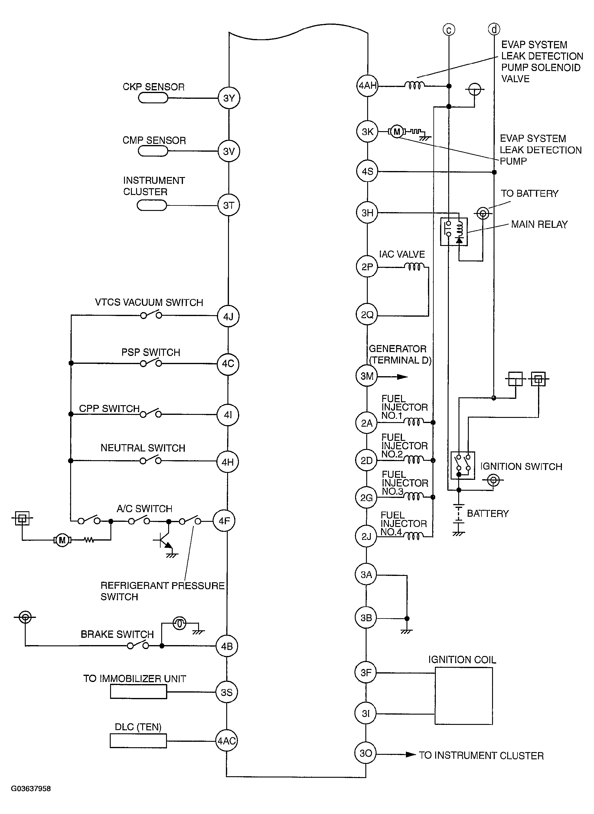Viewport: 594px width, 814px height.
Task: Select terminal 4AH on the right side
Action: (x=367, y=86)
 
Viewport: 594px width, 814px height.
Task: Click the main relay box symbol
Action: (x=454, y=232)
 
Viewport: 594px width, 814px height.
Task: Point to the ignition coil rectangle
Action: (x=463, y=696)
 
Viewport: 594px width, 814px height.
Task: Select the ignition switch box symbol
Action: (x=463, y=465)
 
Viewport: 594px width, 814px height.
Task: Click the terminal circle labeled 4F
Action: (x=224, y=521)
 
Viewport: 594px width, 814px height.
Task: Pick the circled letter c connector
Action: (x=449, y=29)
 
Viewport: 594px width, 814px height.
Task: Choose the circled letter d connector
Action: (x=494, y=29)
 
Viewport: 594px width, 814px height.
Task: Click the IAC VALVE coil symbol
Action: (x=414, y=266)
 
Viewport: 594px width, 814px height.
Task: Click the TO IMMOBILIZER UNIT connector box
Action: (x=139, y=692)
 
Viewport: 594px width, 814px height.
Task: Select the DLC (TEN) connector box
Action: (x=139, y=741)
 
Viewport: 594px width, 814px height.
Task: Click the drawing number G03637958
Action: (x=31, y=789)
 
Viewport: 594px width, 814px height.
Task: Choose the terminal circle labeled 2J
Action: (x=366, y=536)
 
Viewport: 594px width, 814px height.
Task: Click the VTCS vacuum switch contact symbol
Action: (x=151, y=315)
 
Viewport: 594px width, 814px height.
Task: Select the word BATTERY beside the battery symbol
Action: (x=488, y=513)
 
